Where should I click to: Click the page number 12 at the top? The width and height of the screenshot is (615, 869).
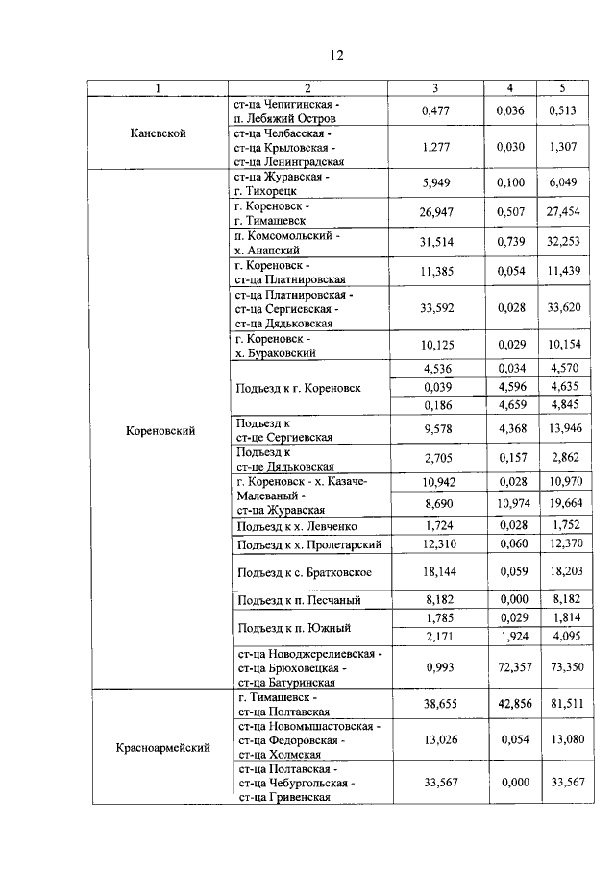pos(336,54)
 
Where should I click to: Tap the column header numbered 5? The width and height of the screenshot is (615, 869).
pos(563,88)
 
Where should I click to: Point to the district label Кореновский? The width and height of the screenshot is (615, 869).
pos(160,431)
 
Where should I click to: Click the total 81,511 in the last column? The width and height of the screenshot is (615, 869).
pos(563,704)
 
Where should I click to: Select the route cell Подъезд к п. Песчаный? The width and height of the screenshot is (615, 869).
pos(299,601)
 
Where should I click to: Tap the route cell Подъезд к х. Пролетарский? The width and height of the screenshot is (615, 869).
pos(308,545)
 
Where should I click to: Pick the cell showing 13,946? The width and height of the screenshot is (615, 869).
pos(563,428)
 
